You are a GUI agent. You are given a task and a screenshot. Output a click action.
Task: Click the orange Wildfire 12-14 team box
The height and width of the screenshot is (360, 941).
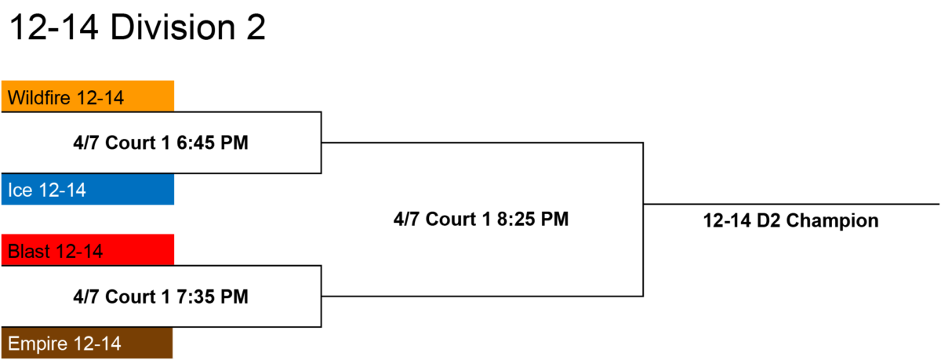point(88,96)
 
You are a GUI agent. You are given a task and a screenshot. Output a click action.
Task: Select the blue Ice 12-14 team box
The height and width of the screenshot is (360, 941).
point(88,189)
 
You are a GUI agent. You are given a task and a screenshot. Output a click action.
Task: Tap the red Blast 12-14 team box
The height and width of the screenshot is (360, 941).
point(88,250)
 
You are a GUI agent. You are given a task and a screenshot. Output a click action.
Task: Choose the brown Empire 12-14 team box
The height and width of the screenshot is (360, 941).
point(87,343)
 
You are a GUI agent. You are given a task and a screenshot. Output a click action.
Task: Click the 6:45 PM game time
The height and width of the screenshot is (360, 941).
point(213,143)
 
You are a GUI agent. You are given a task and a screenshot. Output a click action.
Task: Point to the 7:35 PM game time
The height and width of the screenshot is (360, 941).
point(213,296)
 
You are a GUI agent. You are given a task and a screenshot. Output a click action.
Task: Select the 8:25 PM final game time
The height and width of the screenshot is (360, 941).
point(532,220)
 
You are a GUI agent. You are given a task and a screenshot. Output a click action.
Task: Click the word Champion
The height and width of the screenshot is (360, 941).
point(832,221)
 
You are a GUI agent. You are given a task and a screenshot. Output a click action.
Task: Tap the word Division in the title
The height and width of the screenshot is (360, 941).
point(173,27)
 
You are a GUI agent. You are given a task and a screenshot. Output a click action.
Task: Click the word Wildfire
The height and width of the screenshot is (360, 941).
point(39,98)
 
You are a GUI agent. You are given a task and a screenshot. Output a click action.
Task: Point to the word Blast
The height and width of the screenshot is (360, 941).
point(29,252)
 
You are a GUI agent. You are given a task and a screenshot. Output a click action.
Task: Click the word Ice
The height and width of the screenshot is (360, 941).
point(20,191)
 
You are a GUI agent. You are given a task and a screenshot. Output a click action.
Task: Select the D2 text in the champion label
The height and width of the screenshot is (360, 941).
point(768,221)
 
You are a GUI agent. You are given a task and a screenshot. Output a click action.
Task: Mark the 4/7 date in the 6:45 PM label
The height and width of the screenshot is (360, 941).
point(86,143)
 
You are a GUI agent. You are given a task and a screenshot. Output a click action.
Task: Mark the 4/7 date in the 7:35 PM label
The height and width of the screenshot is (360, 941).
point(86,296)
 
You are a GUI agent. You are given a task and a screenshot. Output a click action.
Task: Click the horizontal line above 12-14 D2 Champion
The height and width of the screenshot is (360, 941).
point(791,204)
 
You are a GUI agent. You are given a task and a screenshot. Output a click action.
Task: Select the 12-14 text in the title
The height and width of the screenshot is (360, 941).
point(54,27)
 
